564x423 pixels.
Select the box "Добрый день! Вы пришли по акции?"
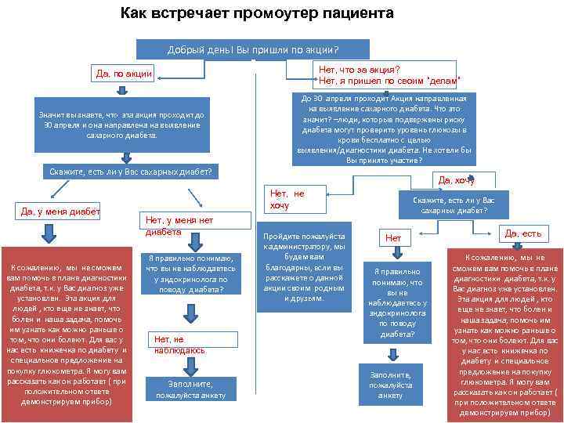[x=258, y=49]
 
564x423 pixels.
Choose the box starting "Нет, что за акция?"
[x=388, y=75]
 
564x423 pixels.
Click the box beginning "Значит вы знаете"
[x=122, y=125]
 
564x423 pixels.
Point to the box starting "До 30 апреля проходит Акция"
[x=384, y=128]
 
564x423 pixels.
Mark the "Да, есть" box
[x=522, y=233]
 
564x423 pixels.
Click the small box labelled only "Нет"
[x=393, y=237]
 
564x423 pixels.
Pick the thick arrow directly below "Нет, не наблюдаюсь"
[x=188, y=367]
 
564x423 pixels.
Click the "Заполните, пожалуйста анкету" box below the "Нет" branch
[x=390, y=385]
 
